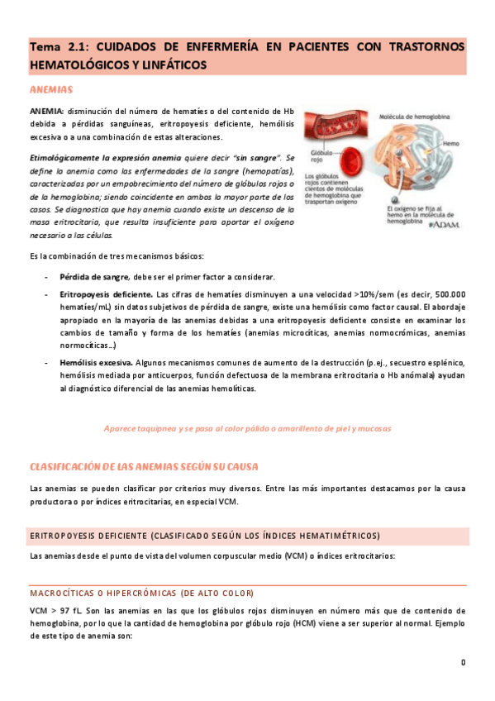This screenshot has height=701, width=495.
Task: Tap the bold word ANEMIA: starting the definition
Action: point(46,111)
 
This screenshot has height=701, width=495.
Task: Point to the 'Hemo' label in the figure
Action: point(451,143)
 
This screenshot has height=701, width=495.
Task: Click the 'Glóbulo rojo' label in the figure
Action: point(321,158)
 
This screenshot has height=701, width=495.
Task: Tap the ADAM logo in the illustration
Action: point(445,223)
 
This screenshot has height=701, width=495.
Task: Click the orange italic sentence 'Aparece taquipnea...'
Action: point(247,428)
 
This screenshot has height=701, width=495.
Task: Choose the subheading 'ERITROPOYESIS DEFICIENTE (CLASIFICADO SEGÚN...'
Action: point(204,513)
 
